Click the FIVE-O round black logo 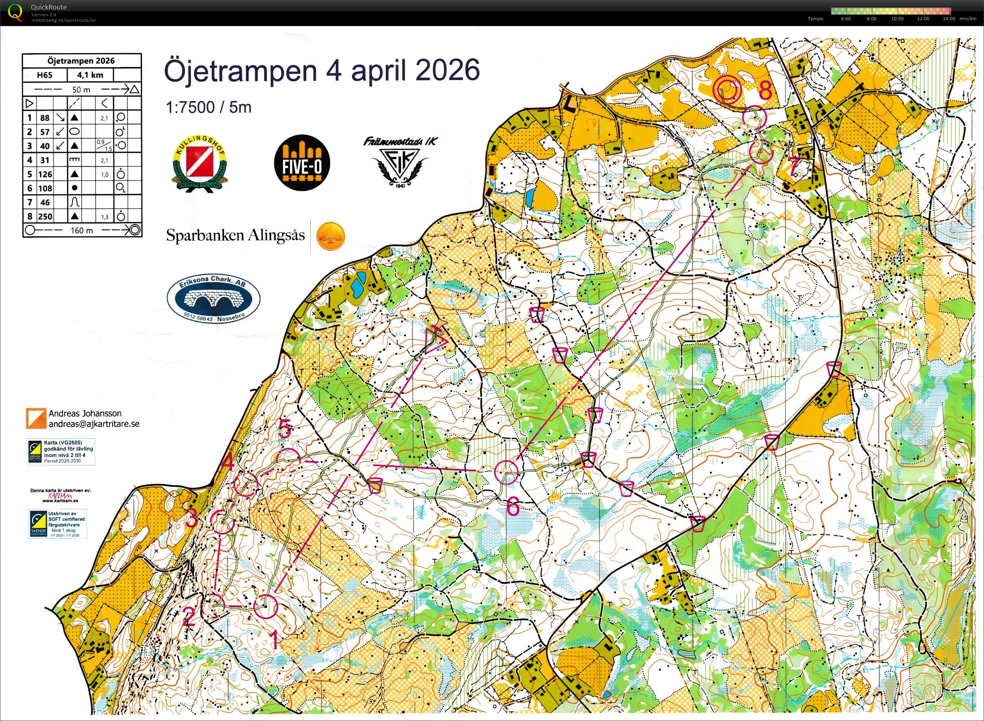point(302,163)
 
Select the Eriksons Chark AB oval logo point(213,299)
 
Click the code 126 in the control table point(45,174)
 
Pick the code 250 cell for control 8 point(45,216)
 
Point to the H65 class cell point(44,75)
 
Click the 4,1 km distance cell point(90,75)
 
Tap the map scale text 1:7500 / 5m point(208,107)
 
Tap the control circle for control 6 point(506,472)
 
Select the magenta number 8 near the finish point(765,91)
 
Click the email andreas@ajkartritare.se point(94,424)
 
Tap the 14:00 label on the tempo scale point(949,19)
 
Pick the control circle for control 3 point(222,522)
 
